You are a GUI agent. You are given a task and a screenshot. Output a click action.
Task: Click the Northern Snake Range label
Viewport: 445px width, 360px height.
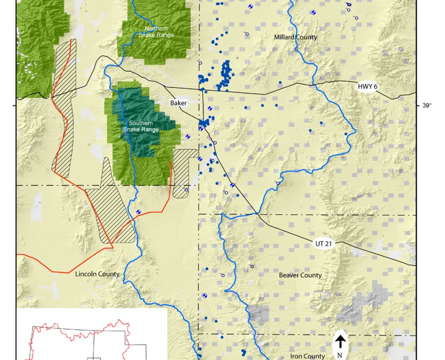[155, 32]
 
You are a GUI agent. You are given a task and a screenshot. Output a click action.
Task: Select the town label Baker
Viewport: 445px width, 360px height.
[178, 103]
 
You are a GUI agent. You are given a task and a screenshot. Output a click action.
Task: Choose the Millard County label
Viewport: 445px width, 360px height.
[295, 37]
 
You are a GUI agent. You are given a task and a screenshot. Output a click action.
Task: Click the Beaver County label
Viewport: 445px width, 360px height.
[300, 275]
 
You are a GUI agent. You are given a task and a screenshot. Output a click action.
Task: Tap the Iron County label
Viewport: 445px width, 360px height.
[308, 356]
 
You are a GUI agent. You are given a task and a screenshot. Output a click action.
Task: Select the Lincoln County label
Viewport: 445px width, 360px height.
[97, 274]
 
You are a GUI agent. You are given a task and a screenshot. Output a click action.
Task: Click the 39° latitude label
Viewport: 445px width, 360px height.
[427, 106]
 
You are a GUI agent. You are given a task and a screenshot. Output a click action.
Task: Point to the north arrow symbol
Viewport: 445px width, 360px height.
[341, 342]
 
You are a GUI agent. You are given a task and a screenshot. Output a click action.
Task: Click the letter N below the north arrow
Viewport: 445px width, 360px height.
[340, 355]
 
